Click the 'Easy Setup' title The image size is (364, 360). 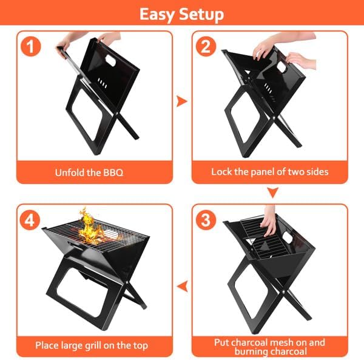[x=181, y=14]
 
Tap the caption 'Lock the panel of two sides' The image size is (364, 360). [x=269, y=172]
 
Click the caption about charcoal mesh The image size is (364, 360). [x=269, y=345]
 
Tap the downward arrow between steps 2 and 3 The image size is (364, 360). [x=272, y=193]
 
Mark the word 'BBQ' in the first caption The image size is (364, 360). [x=113, y=172]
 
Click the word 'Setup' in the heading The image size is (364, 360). [x=201, y=14]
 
